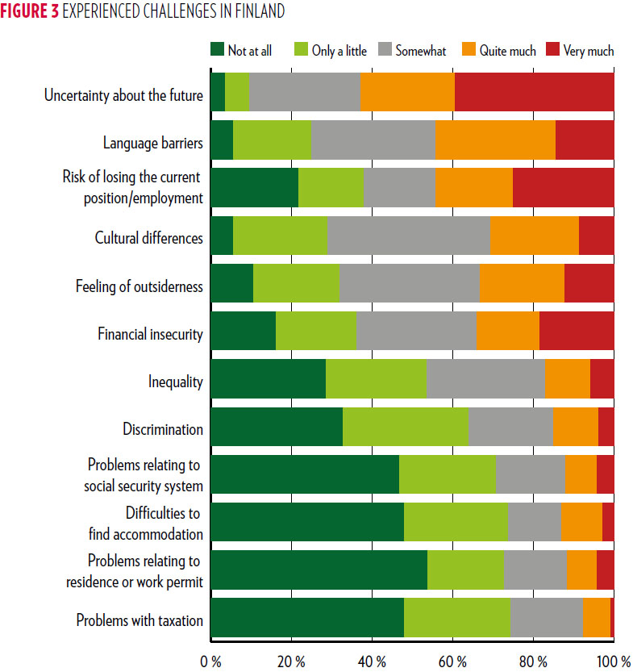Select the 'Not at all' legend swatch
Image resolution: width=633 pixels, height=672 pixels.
[217, 50]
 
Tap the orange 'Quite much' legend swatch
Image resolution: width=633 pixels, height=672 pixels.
[469, 50]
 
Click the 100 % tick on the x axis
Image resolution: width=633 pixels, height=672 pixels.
[614, 662]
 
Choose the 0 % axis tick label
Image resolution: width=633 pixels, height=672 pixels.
[210, 662]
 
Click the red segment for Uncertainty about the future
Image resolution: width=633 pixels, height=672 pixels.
[534, 95]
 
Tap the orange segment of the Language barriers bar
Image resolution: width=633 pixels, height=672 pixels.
[494, 144]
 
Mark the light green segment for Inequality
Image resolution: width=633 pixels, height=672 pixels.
[376, 382]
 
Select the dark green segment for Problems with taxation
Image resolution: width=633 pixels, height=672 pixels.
[306, 620]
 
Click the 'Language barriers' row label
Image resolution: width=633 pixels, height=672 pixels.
[153, 144]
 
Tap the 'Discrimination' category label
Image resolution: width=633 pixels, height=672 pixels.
[163, 429]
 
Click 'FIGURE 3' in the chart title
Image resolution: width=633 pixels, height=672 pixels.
[31, 11]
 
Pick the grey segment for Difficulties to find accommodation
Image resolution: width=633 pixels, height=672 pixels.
[534, 524]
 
